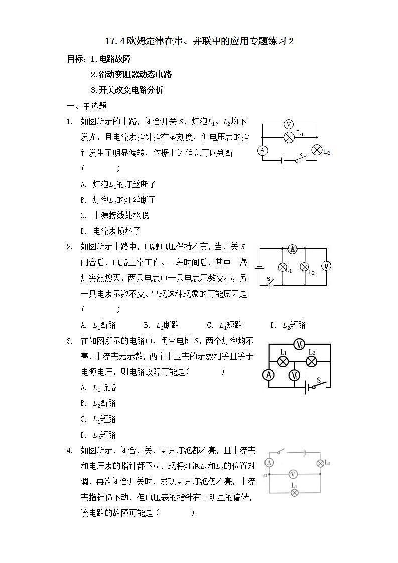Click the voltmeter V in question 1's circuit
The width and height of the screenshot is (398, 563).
click(x=288, y=124)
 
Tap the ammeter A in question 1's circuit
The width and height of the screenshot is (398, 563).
click(x=262, y=150)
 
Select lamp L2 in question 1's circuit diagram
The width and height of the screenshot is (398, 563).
click(x=317, y=150)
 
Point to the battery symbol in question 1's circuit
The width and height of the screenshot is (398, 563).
click(x=283, y=161)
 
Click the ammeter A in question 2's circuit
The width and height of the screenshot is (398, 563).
click(x=294, y=249)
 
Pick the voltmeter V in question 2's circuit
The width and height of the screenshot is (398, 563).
click(x=326, y=266)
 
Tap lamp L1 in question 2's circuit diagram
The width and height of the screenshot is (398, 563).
click(x=282, y=267)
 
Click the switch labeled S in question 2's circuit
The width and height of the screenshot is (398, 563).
click(x=270, y=281)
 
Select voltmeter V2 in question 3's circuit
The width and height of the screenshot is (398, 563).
click(x=300, y=344)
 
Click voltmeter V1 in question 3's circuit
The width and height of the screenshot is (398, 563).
click(x=295, y=375)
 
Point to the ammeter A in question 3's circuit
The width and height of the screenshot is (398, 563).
click(x=269, y=375)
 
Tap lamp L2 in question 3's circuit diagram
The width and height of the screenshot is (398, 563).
click(x=311, y=361)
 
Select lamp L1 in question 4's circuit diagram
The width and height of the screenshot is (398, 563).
click(x=295, y=493)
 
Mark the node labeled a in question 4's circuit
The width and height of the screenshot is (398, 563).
click(x=269, y=474)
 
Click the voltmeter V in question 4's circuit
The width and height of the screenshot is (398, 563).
click(x=294, y=474)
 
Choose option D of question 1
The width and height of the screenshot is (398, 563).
click(x=110, y=231)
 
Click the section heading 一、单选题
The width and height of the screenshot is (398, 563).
click(x=87, y=106)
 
